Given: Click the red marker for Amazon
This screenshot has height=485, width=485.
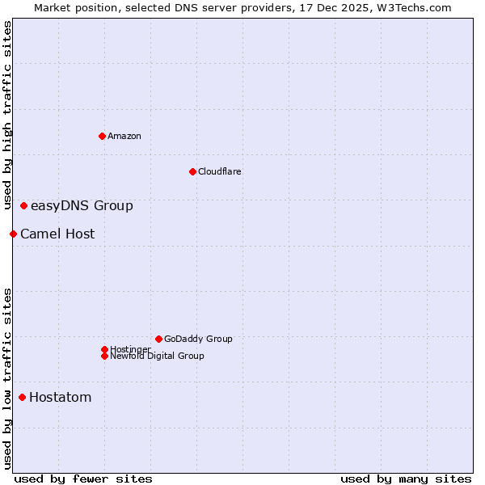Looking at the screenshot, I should pos(102,136).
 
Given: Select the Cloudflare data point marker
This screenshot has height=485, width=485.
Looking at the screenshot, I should pos(192,171).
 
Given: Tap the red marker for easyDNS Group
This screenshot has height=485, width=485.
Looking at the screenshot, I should pos(24,206).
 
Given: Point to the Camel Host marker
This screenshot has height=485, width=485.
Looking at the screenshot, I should pos(13,234).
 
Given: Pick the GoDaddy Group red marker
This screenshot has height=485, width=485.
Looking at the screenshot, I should pos(158,339).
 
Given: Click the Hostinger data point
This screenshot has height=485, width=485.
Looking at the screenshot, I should pos(104,349).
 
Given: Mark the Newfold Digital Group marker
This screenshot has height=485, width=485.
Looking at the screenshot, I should pos(104,356).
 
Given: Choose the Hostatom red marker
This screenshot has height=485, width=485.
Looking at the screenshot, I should pos(22,397).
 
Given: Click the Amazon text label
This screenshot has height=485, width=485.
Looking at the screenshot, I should pos(124,136).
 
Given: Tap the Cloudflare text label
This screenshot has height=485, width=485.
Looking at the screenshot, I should pos(220,171).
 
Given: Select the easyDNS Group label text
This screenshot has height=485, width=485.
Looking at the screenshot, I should pos(82,206).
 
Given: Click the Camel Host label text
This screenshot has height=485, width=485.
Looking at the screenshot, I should pos(57,234).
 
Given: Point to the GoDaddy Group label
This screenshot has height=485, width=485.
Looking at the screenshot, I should pos(198,339).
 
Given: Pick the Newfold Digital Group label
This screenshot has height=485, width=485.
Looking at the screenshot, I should pos(158,356).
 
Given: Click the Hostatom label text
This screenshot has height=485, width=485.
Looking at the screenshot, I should pos(61,397).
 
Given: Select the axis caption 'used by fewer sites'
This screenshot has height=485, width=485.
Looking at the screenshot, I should pos(83,479).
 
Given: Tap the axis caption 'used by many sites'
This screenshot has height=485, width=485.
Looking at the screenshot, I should pos(406,479).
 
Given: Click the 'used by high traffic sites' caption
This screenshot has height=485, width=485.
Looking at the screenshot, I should pos(7,115).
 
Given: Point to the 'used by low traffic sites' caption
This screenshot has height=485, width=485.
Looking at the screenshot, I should pos(7,377).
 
